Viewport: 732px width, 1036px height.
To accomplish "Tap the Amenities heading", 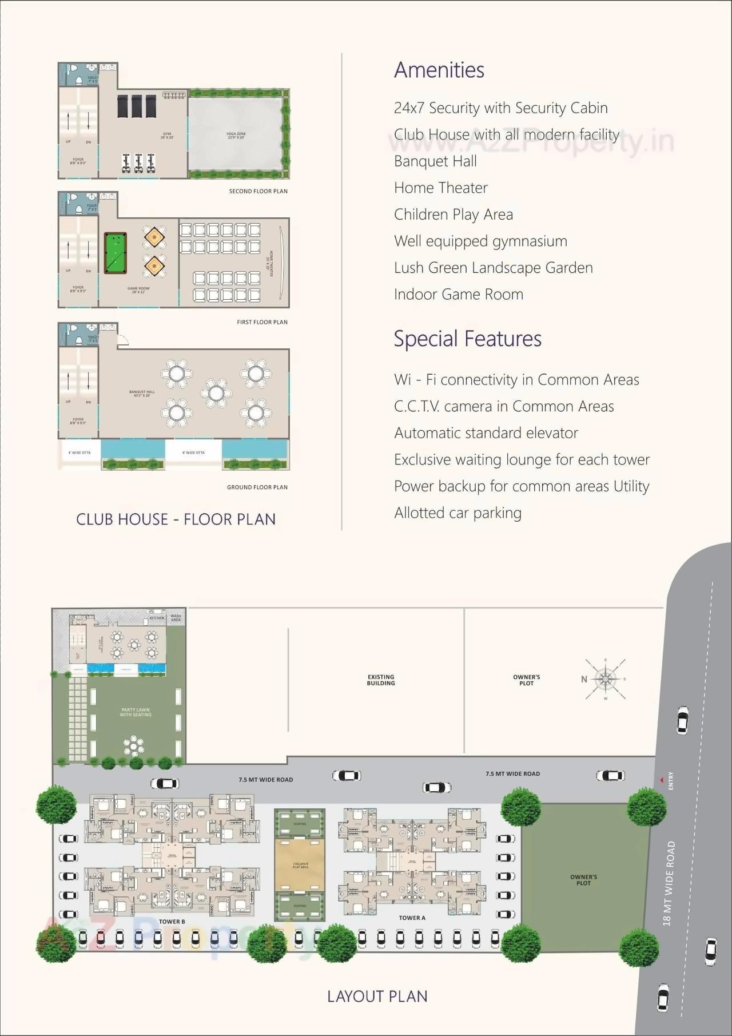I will [x=439, y=70].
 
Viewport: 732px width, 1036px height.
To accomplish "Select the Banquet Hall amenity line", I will [x=435, y=161].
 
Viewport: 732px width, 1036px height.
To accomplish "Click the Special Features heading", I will [x=467, y=339].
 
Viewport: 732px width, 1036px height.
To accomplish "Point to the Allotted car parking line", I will [x=457, y=513].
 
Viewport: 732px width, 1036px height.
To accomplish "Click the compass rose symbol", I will [x=605, y=679].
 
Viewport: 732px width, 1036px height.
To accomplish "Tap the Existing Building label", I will [x=381, y=680].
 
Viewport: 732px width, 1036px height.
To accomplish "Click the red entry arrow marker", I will [x=661, y=780].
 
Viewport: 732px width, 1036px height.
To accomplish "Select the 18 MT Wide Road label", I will [x=669, y=883].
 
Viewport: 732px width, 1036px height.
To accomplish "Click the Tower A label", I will [x=412, y=918].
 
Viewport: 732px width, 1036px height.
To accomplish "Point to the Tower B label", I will [x=172, y=922].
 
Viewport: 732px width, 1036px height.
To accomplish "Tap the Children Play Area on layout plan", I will [x=300, y=865].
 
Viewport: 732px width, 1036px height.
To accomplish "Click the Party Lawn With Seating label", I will [x=136, y=712].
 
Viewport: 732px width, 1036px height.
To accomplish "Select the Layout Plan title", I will [x=377, y=997].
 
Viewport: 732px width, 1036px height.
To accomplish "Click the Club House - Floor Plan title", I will [x=176, y=519].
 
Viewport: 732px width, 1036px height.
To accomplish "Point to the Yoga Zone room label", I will [x=236, y=136].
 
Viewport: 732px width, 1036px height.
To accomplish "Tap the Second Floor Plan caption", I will [x=258, y=191].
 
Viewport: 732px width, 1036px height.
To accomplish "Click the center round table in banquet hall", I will [x=216, y=393].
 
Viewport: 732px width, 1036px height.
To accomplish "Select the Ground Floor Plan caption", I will [x=257, y=487].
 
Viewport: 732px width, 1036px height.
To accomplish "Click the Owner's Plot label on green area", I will [x=583, y=880].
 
